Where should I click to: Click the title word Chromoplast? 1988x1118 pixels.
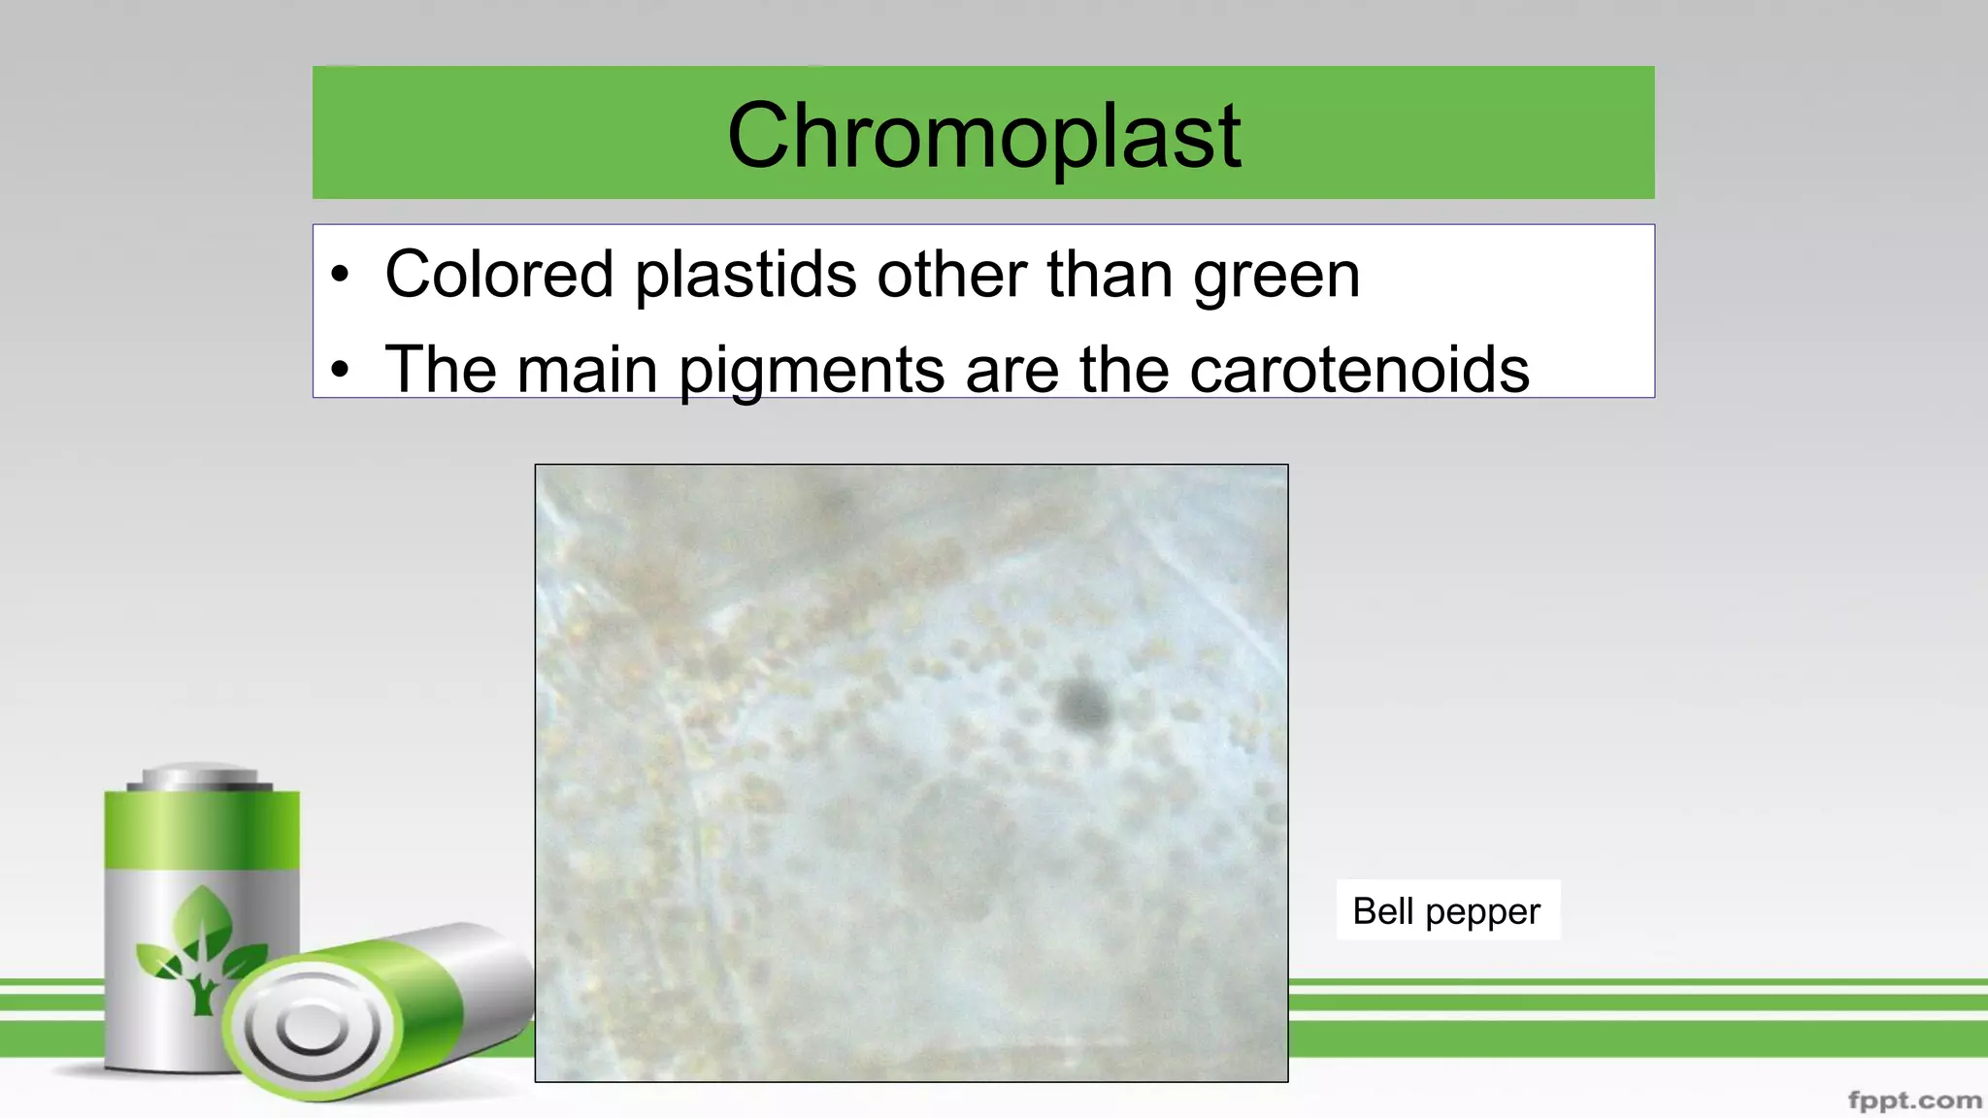tap(983, 136)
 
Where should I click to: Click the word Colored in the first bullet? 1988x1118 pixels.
tap(499, 275)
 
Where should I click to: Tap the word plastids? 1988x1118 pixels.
tap(745, 275)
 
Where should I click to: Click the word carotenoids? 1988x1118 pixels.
tap(1358, 370)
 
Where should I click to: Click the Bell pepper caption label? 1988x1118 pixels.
tap(1446, 910)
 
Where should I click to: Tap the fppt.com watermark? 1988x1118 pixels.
tap(1914, 1101)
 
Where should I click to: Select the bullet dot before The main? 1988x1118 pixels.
tap(339, 371)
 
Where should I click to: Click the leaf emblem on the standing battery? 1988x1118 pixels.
tap(201, 946)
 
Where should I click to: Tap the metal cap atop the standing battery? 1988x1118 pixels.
tap(201, 778)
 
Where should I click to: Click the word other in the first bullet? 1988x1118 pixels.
tap(951, 275)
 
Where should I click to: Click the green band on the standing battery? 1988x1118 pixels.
tap(202, 830)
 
